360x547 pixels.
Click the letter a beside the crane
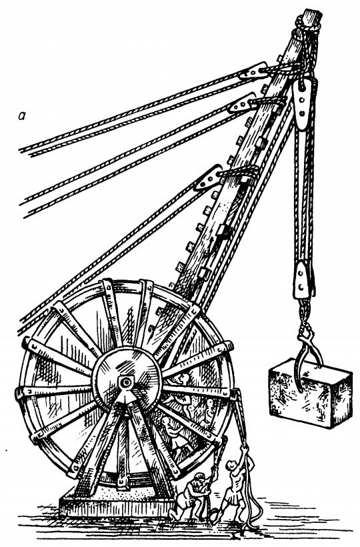[22, 116]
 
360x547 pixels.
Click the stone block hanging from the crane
[310, 393]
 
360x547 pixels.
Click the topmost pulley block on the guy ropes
[253, 71]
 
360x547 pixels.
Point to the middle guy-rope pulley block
[241, 103]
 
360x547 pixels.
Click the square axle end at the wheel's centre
[125, 383]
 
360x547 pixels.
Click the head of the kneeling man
[199, 479]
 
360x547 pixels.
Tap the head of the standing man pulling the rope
[231, 465]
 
